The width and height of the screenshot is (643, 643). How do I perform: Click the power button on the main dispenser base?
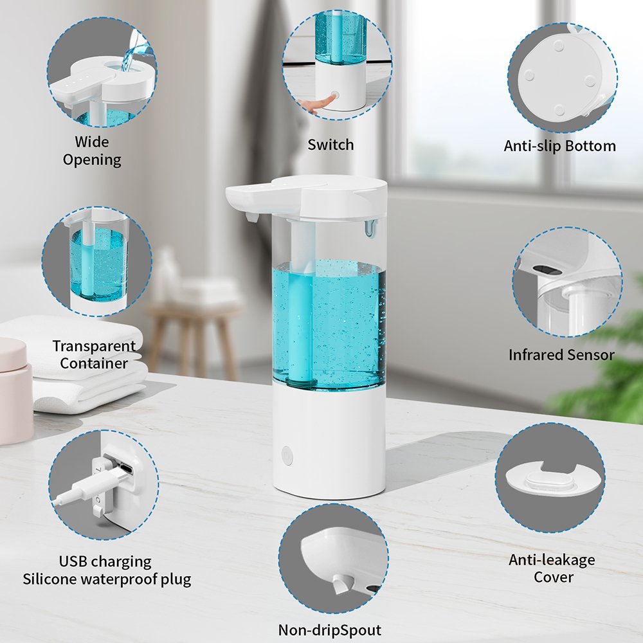click(287, 456)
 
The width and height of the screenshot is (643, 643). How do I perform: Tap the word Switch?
click(331, 145)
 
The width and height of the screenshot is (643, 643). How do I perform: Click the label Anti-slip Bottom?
click(560, 146)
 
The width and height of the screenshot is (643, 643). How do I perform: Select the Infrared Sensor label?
click(561, 355)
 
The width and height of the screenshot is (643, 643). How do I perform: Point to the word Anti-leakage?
click(552, 560)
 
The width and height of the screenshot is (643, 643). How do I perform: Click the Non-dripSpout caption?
click(330, 629)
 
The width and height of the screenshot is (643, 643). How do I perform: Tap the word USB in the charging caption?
click(73, 561)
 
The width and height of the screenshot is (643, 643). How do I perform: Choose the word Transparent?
click(94, 346)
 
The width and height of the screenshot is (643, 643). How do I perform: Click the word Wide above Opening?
click(92, 142)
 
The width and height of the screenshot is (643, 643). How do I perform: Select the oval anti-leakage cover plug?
click(548, 480)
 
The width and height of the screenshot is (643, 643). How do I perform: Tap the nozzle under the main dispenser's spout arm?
click(251, 217)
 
